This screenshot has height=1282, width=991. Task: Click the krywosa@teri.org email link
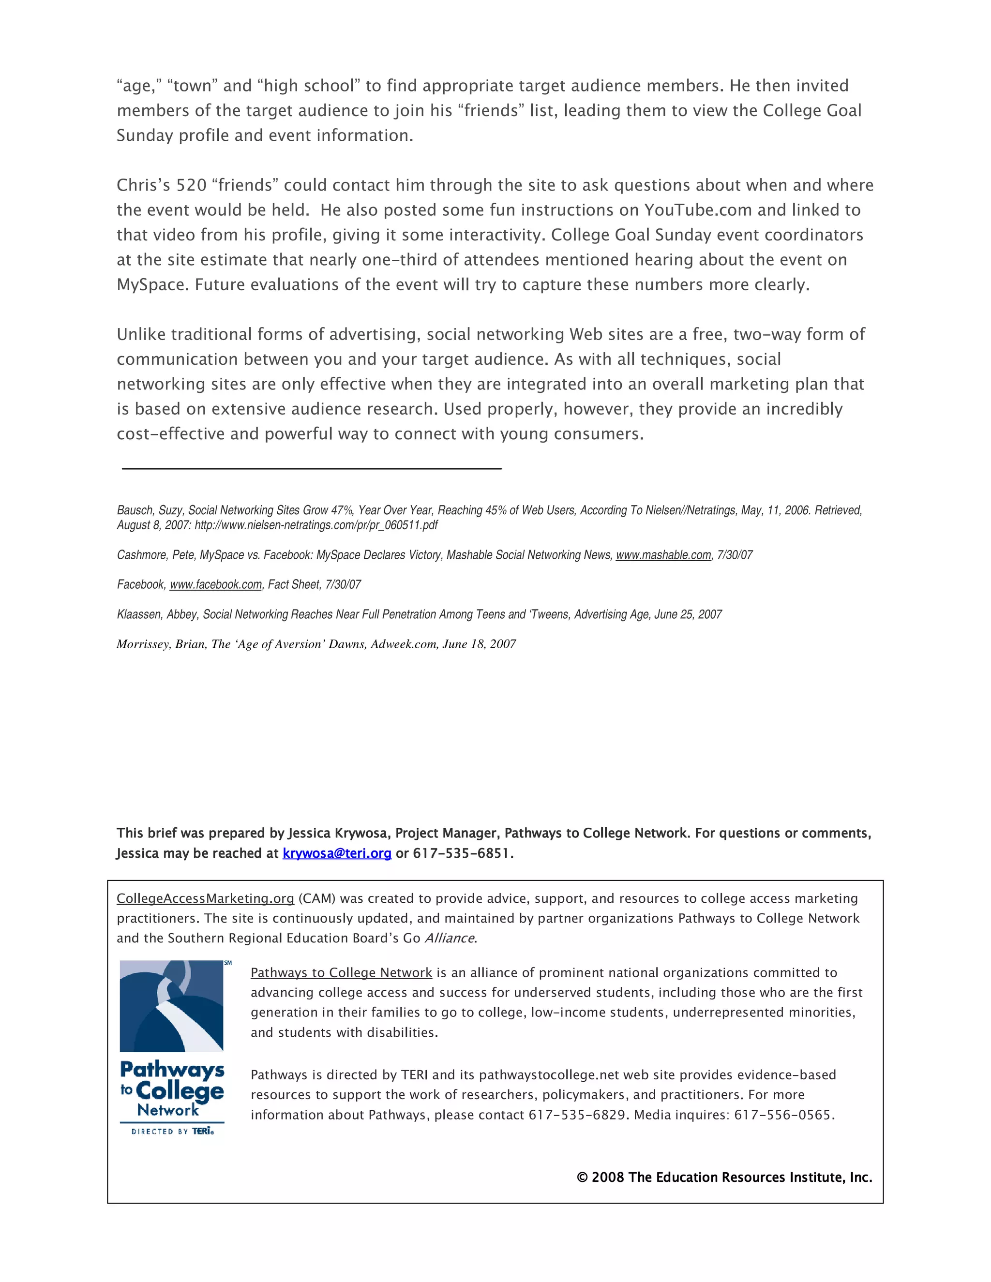tap(336, 853)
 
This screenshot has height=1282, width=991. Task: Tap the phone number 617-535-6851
tap(462, 853)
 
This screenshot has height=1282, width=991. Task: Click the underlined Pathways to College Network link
tap(341, 973)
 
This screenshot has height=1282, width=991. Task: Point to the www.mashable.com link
tap(663, 555)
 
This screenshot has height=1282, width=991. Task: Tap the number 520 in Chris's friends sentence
tap(192, 185)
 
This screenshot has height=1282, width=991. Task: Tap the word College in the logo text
tap(180, 1091)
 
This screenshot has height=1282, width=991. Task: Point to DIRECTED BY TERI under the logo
tap(172, 1131)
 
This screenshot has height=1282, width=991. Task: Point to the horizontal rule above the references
tap(311, 468)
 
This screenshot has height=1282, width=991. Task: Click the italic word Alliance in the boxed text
tap(449, 938)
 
